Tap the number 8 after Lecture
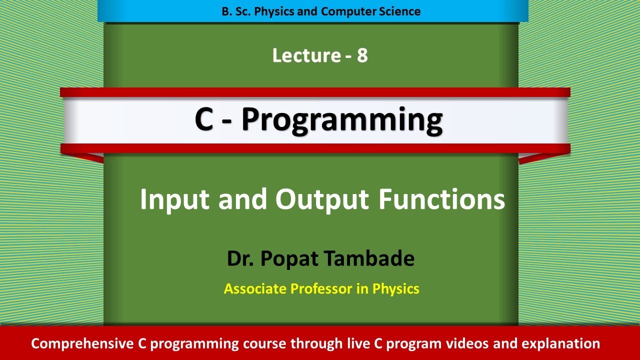362,55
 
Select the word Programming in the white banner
342,121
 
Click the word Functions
441,199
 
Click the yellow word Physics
396,288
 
